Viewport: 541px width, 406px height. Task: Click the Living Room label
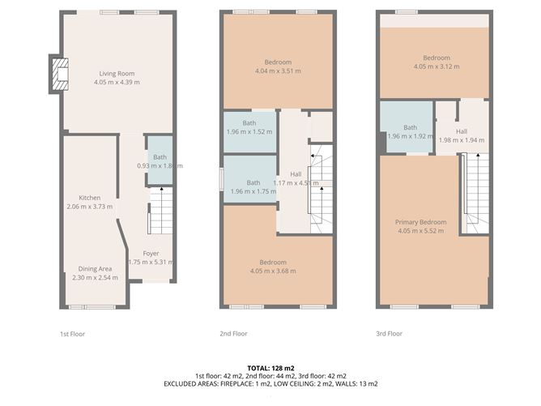tap(117, 74)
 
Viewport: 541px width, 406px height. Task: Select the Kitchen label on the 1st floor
tap(89, 198)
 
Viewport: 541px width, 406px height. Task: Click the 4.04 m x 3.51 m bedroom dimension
tap(278, 71)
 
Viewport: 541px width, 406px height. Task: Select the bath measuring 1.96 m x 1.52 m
tap(249, 126)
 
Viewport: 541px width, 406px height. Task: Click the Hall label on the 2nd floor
tap(296, 174)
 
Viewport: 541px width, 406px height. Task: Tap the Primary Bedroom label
tap(420, 222)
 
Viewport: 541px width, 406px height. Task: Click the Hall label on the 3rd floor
tap(461, 131)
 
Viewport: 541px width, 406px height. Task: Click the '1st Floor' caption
tap(72, 333)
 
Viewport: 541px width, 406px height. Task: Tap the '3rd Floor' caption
tap(389, 333)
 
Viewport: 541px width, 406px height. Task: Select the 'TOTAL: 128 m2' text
tap(270, 367)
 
